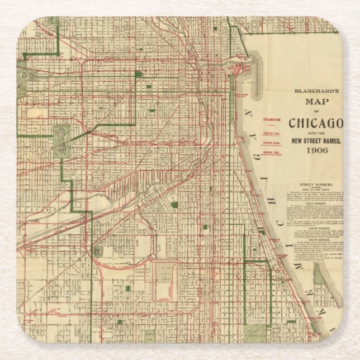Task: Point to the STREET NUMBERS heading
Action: [316, 184]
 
